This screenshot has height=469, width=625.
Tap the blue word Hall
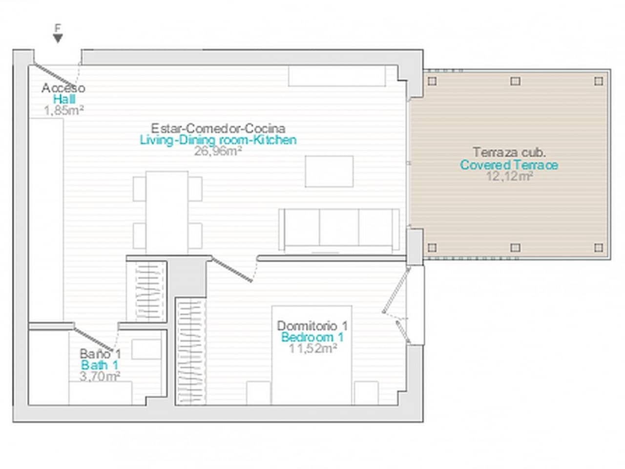click(x=64, y=99)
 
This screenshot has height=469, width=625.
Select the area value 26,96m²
click(x=218, y=151)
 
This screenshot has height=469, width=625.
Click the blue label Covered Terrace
click(x=509, y=165)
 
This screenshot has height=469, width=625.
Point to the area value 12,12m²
click(x=509, y=176)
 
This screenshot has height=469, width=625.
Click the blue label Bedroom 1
click(x=312, y=337)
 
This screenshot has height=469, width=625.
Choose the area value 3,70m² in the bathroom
click(x=100, y=377)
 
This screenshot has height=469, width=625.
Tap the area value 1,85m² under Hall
click(x=64, y=110)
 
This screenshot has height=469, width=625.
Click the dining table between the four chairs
click(x=167, y=213)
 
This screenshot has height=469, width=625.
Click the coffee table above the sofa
click(x=329, y=171)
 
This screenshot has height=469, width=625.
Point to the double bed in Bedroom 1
click(x=312, y=355)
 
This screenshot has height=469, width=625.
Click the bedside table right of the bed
click(x=367, y=393)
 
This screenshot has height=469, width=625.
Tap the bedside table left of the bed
click(x=258, y=393)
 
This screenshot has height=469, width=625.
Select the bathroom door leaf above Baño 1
click(x=94, y=339)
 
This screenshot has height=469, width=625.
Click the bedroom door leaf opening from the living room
click(x=232, y=270)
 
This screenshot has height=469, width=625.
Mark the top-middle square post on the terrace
click(x=515, y=81)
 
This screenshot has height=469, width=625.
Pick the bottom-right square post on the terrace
click(x=599, y=248)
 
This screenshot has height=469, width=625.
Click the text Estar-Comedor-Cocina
click(x=218, y=128)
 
